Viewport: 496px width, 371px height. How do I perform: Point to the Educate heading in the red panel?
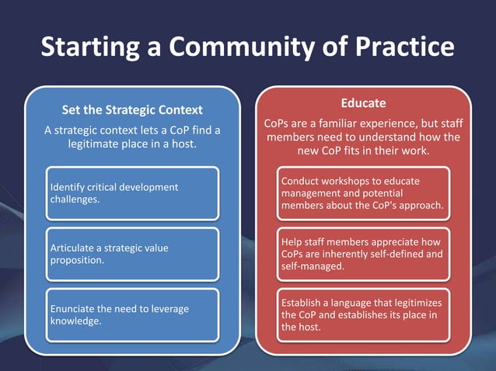(363, 103)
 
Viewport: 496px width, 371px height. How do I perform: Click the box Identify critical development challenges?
(131, 193)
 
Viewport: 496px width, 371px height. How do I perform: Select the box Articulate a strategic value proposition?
(131, 254)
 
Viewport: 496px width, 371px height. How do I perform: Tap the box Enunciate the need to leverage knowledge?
(131, 314)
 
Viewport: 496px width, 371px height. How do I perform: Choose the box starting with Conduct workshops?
(363, 193)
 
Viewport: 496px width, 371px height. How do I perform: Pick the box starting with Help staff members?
(363, 254)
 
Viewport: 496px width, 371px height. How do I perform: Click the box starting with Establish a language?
(363, 314)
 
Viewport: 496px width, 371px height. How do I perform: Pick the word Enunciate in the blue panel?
(73, 309)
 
